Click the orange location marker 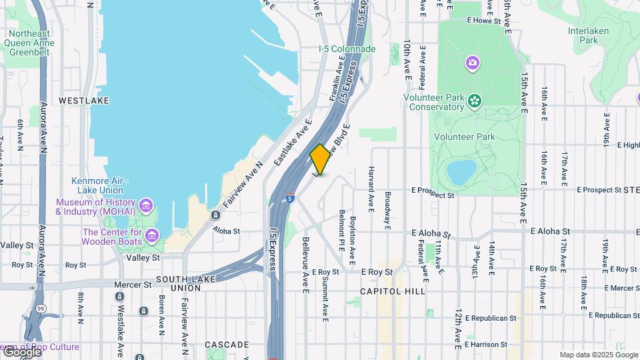click(x=320, y=159)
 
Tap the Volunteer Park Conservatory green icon click(x=474, y=101)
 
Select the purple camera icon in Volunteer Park click(x=473, y=63)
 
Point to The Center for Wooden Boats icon click(x=153, y=235)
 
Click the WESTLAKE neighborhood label click(x=83, y=101)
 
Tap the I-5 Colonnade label click(x=347, y=49)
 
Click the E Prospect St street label click(x=433, y=195)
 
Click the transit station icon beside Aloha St click(x=215, y=215)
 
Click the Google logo click(x=22, y=351)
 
